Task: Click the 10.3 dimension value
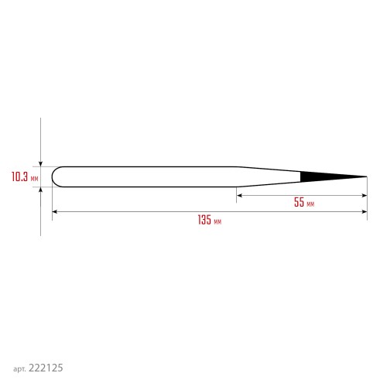click(x=19, y=176)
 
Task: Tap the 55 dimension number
click(x=299, y=202)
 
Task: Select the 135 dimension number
click(x=204, y=220)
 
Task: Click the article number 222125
click(x=46, y=368)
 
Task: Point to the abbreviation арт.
click(x=19, y=369)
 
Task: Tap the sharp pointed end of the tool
click(x=367, y=176)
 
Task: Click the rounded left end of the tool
click(x=53, y=176)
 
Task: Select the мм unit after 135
click(x=217, y=221)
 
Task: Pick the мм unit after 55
click(x=310, y=204)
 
